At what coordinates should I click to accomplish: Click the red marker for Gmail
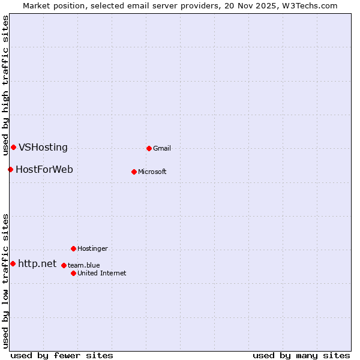pyautogui.click(x=149, y=148)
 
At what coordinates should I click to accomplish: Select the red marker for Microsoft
pyautogui.click(x=134, y=172)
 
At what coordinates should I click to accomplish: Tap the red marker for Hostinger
pyautogui.click(x=73, y=248)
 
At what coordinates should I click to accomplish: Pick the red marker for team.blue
pyautogui.click(x=64, y=265)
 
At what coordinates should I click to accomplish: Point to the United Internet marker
pyautogui.click(x=73, y=273)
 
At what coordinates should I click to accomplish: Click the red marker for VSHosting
pyautogui.click(x=13, y=147)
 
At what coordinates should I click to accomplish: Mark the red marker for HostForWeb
pyautogui.click(x=10, y=169)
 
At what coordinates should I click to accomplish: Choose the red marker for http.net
pyautogui.click(x=13, y=263)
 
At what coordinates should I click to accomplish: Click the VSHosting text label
pyautogui.click(x=43, y=148)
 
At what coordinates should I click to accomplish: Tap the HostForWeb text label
pyautogui.click(x=44, y=170)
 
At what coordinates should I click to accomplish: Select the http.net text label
pyautogui.click(x=37, y=264)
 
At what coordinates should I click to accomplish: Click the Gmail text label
pyautogui.click(x=162, y=149)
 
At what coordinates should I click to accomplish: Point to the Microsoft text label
pyautogui.click(x=152, y=172)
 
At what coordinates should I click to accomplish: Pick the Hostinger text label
pyautogui.click(x=92, y=249)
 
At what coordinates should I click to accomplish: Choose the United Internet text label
pyautogui.click(x=102, y=274)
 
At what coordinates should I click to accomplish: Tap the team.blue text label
pyautogui.click(x=84, y=266)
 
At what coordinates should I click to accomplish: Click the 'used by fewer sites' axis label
pyautogui.click(x=62, y=356)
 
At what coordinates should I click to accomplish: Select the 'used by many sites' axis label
pyautogui.click(x=301, y=356)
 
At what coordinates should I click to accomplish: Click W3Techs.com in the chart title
pyautogui.click(x=310, y=5)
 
